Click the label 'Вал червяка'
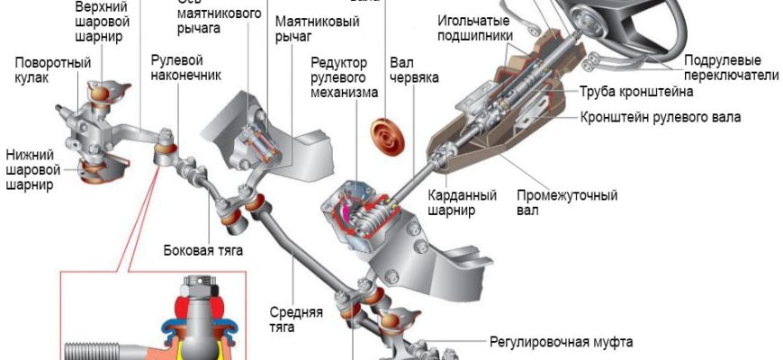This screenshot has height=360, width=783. (x=414, y=71)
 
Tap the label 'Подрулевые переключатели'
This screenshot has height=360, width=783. (x=730, y=67)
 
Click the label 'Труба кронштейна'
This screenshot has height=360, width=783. (x=635, y=92)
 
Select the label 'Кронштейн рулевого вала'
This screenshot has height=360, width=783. (x=661, y=117)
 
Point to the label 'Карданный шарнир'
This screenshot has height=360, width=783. (x=456, y=202)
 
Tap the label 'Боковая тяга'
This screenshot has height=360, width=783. (x=203, y=249)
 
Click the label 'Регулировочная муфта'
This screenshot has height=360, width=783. (x=561, y=342)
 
